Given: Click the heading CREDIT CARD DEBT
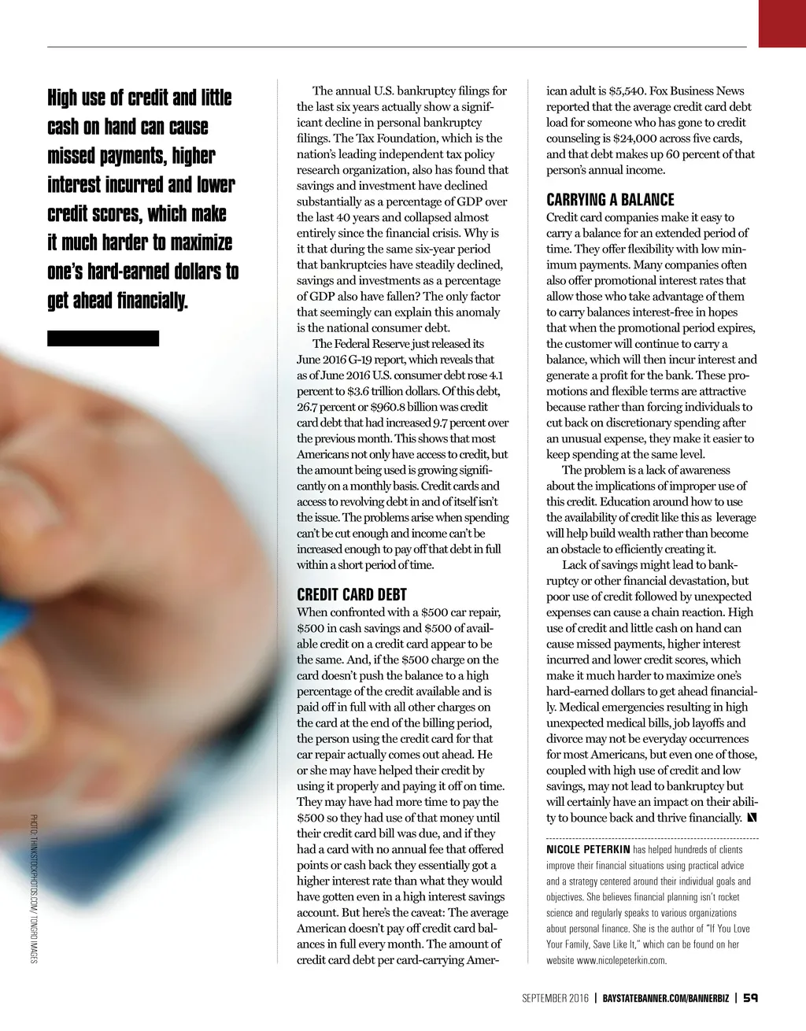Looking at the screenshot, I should point(351,595).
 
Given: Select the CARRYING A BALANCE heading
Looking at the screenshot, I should point(610,200).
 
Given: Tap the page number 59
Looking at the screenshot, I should point(750,998).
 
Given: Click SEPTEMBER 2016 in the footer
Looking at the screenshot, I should point(555,999).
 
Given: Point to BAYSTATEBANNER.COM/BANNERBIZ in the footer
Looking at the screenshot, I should point(665,999).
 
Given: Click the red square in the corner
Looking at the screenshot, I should point(782,23).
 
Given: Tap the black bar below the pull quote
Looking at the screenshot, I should point(103,338).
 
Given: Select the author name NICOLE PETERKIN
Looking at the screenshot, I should point(588,850).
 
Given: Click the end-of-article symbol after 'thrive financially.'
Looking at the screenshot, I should point(752,818).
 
